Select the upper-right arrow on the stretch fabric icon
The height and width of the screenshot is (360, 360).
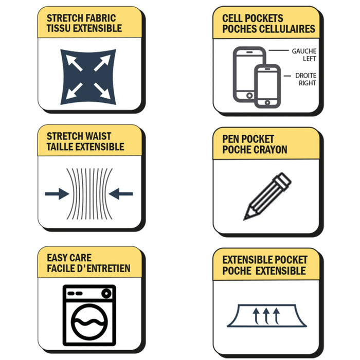pos(102,63)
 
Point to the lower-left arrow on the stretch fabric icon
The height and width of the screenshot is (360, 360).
pos(74,91)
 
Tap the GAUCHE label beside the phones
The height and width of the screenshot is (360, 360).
pos(304,51)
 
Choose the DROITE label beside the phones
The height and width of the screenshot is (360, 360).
pos(305,76)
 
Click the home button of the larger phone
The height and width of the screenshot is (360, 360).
pos(249,95)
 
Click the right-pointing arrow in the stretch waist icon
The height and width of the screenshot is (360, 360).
pos(57,194)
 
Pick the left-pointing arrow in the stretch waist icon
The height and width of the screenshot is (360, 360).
pos(121,194)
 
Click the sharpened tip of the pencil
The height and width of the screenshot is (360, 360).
pos(245,219)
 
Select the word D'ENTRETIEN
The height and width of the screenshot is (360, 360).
pos(104,268)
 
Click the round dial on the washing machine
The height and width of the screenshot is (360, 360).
pos(106,294)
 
